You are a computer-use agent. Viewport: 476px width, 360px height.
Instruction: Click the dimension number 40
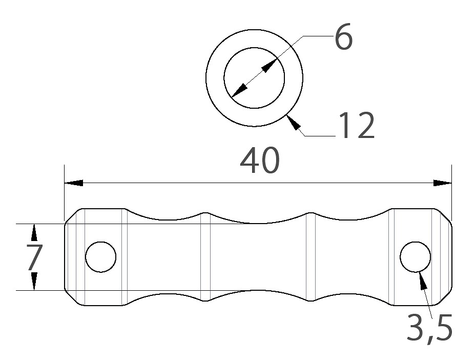[260, 161]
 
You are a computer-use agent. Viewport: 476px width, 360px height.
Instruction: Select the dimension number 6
[343, 36]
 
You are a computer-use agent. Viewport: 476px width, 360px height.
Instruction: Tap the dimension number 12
[357, 125]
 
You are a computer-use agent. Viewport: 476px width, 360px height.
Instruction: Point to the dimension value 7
[35, 257]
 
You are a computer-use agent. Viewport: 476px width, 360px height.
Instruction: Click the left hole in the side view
[101, 257]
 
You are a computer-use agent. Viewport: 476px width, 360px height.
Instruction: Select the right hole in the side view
[416, 257]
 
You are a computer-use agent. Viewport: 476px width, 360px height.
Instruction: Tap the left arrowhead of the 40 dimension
[74, 183]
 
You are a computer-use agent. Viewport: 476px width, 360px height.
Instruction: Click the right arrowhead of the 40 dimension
[442, 183]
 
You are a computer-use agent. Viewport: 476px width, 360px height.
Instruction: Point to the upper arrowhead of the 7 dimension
[34, 233]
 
